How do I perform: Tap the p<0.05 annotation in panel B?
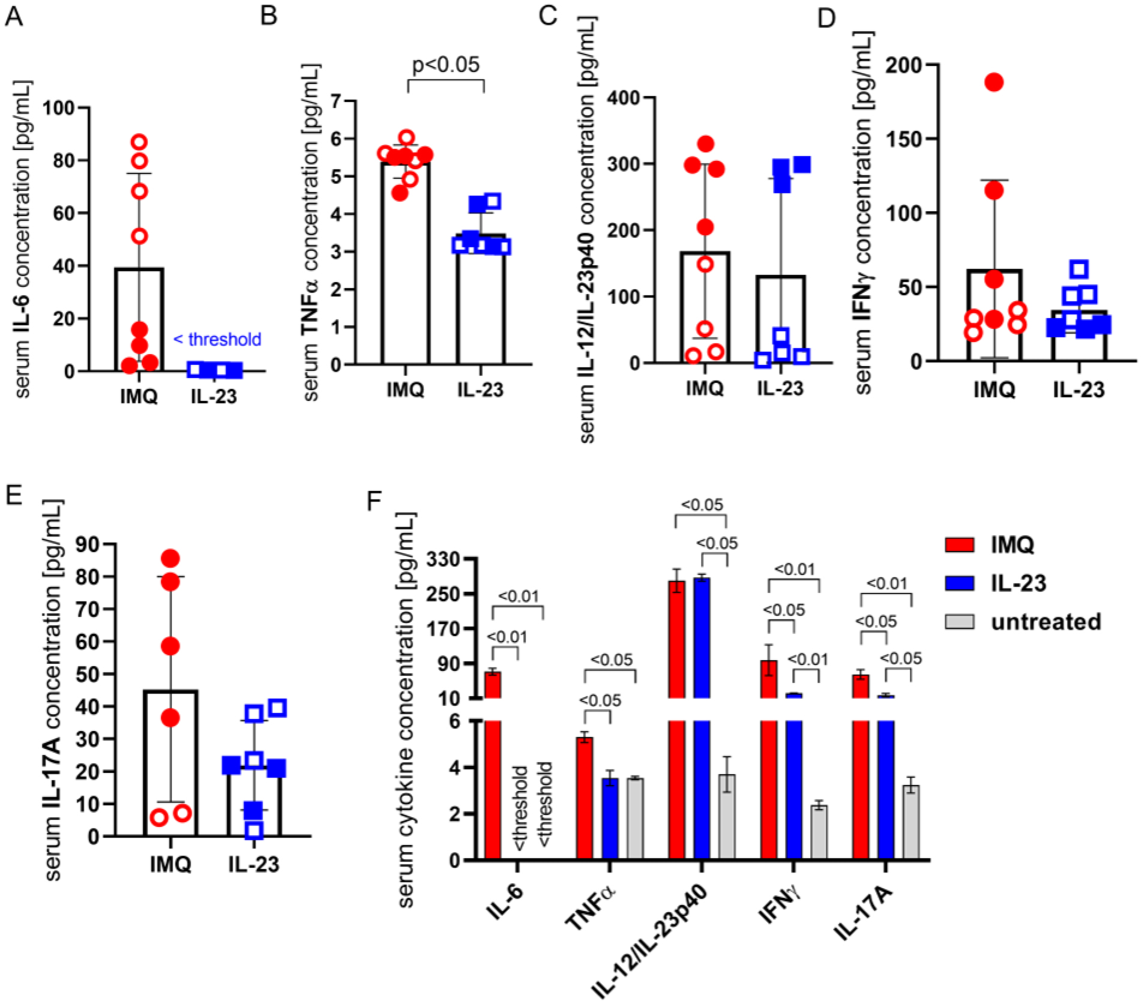[x=445, y=64]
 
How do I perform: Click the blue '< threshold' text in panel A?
[x=217, y=340]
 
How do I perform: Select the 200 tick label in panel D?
[x=902, y=65]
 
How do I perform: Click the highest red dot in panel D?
[x=994, y=82]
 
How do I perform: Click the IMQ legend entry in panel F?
[x=1012, y=545]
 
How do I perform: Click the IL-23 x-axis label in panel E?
[x=254, y=865]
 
